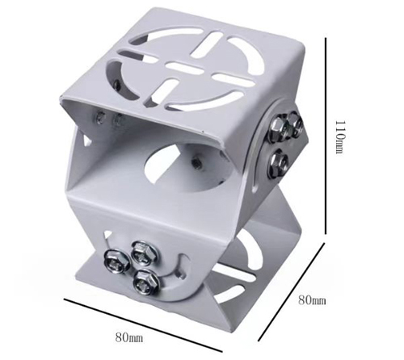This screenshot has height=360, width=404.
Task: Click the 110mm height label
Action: coord(339,136)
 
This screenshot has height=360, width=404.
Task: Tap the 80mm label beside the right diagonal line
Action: coord(312,300)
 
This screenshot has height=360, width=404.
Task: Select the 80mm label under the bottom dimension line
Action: coord(129,337)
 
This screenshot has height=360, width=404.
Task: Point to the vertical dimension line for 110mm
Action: coord(326,136)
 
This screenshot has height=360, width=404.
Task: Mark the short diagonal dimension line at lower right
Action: coord(292,291)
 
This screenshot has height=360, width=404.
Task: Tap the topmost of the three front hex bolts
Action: coord(143,252)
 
